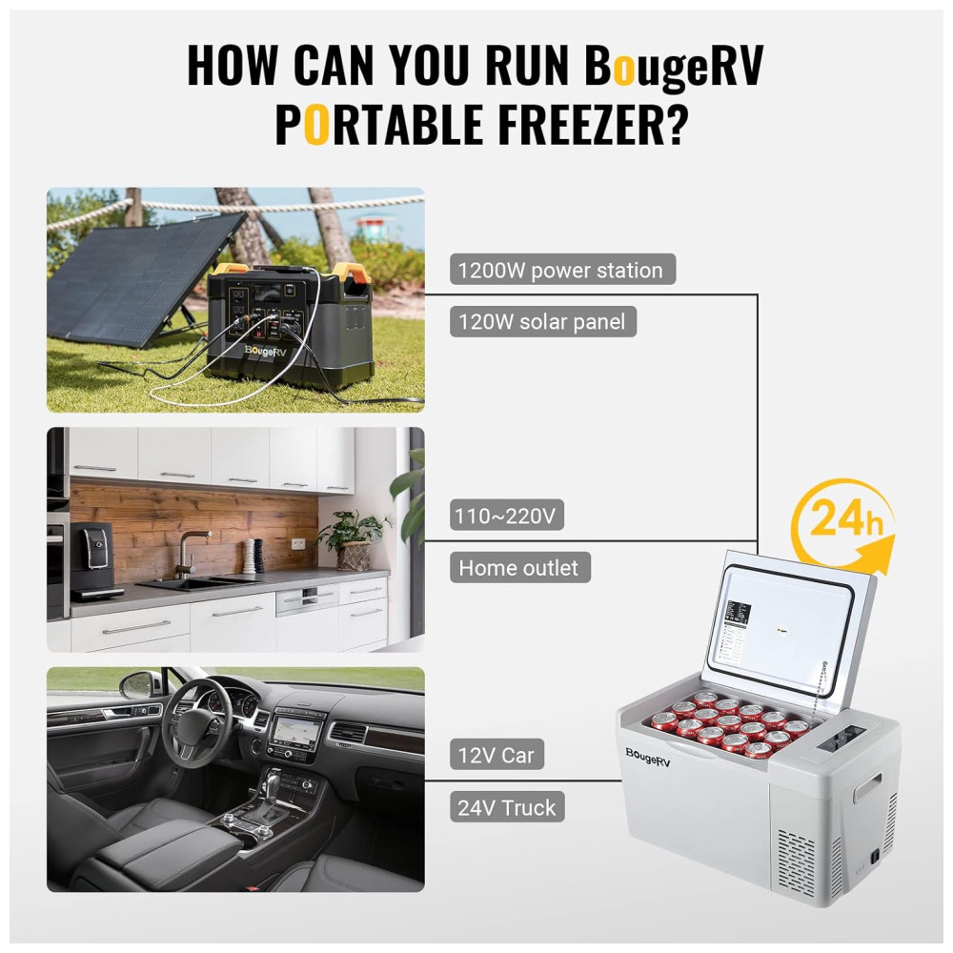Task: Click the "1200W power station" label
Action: tap(562, 270)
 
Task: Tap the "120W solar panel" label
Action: tap(543, 321)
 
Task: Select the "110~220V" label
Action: tap(507, 516)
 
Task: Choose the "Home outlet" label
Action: tap(519, 568)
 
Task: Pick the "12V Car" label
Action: tap(497, 755)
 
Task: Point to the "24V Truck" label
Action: tap(507, 807)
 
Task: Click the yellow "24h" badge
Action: tap(843, 522)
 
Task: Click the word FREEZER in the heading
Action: tap(580, 125)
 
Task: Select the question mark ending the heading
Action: tap(677, 125)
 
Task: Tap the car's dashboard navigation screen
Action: tap(296, 731)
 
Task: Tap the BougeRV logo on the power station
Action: tap(265, 352)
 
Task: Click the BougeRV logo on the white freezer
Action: tap(648, 758)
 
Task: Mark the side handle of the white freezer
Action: tap(867, 788)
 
